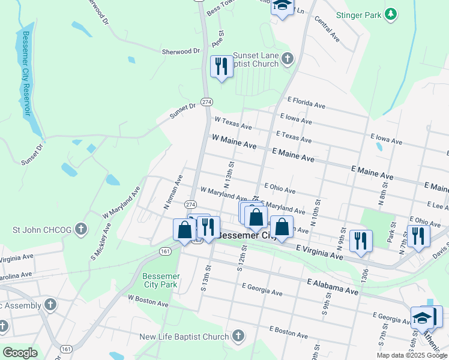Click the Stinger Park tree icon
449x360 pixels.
pyautogui.click(x=391, y=14)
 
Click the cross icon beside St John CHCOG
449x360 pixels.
pyautogui.click(x=82, y=229)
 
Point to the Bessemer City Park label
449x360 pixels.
pyautogui.click(x=160, y=280)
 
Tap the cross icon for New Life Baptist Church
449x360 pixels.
pyautogui.click(x=239, y=337)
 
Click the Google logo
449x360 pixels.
pyautogui.click(x=20, y=353)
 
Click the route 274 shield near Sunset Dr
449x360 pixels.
pyautogui.click(x=206, y=102)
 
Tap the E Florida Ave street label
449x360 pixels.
pyautogui.click(x=306, y=103)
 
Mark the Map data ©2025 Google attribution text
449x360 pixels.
pyautogui.click(x=411, y=355)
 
